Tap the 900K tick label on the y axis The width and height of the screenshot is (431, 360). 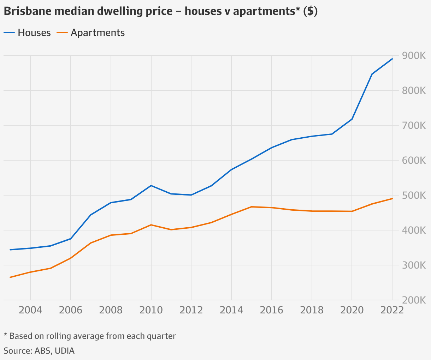tap(414, 56)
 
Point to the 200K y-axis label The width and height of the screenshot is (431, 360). tap(414, 300)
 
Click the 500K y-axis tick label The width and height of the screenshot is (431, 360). tap(414, 196)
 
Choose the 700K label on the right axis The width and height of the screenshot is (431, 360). tap(414, 126)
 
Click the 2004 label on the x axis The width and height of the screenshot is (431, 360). tap(30, 310)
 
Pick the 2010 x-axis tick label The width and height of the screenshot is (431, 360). tap(151, 310)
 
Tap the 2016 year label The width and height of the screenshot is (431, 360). tap(271, 310)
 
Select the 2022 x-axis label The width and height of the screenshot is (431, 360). tap(391, 310)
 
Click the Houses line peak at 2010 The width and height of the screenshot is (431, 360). tap(151, 185)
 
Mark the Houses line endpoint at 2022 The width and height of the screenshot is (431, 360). tap(392, 59)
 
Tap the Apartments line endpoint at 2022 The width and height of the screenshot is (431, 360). tap(392, 199)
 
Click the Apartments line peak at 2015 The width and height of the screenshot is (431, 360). tap(252, 207)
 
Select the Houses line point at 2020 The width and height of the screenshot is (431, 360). tap(352, 119)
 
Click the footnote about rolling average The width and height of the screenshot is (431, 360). tap(90, 336)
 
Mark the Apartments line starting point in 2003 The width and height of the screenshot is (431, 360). tap(10, 277)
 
